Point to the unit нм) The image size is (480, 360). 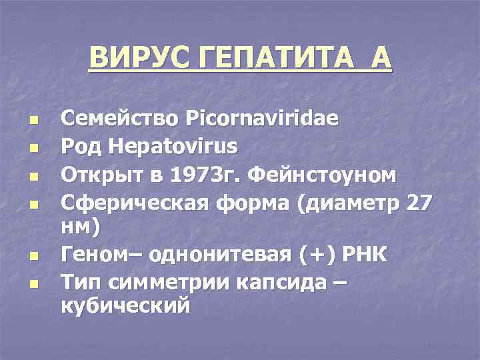pyautogui.click(x=81, y=228)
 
